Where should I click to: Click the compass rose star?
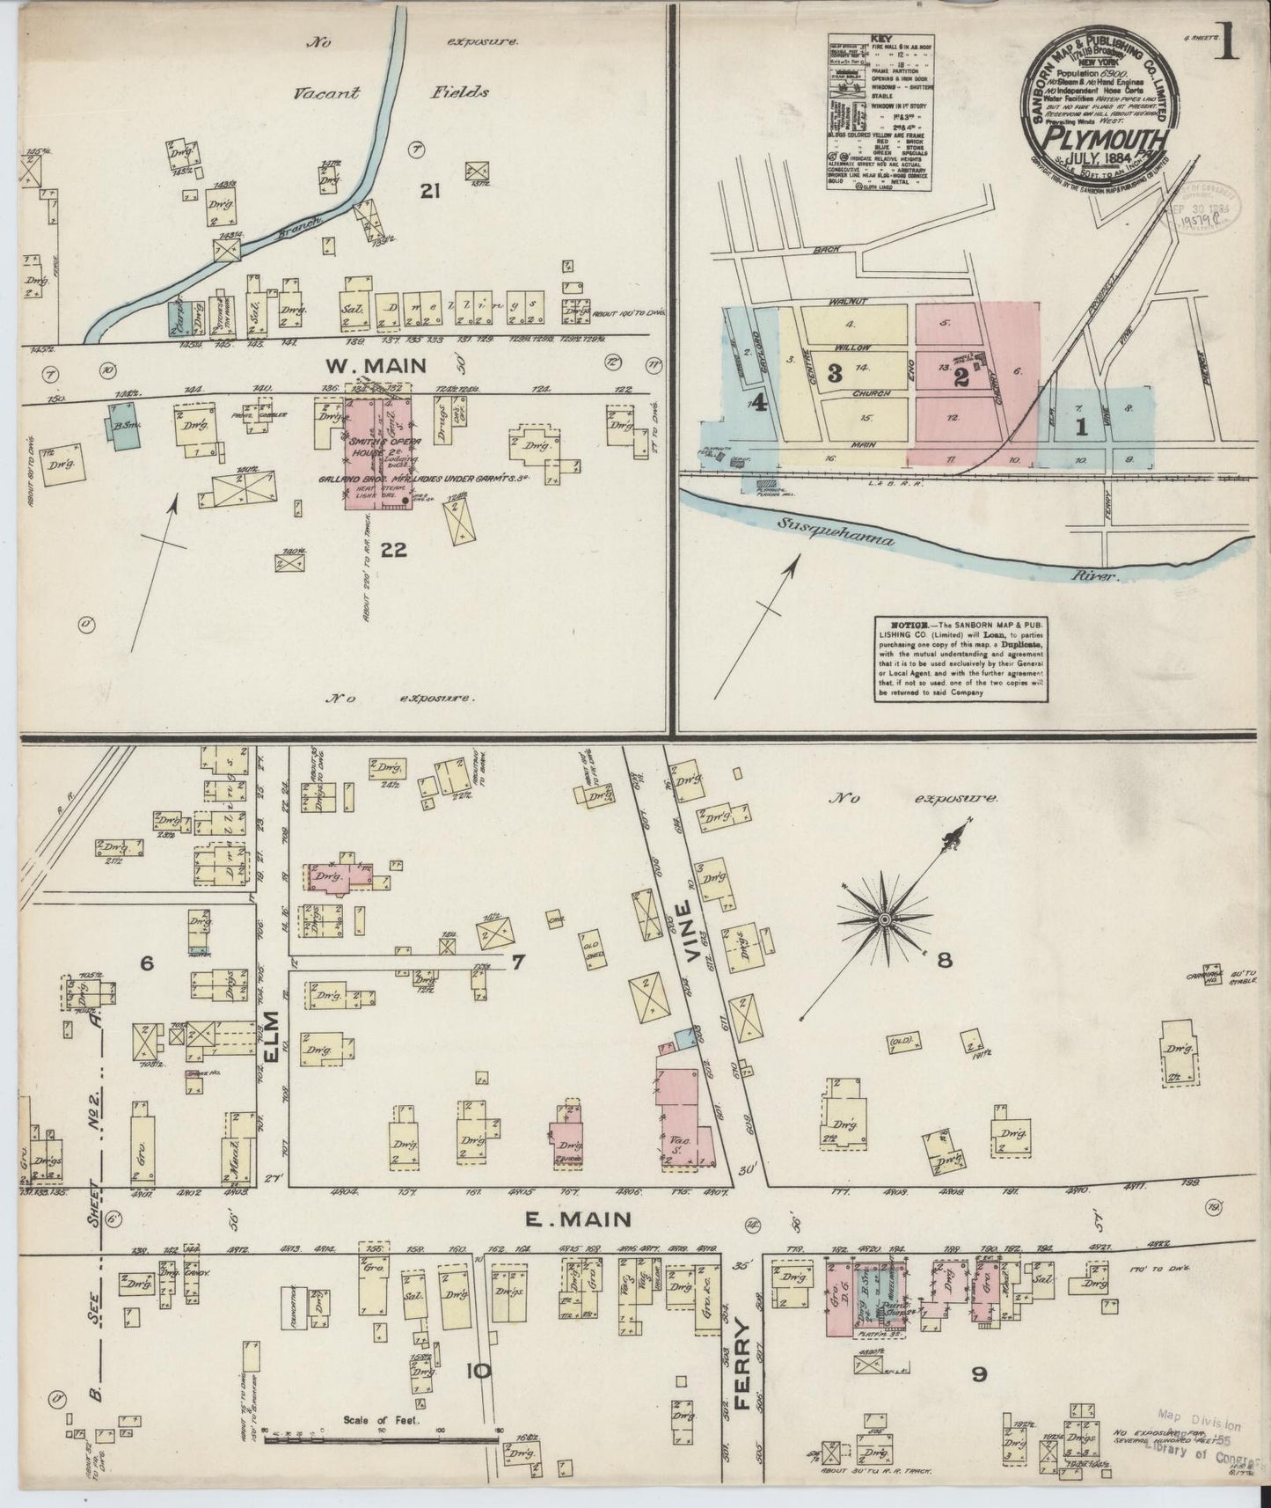click(x=884, y=920)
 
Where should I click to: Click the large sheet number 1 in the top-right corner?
click(x=1228, y=40)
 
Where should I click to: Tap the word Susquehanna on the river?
click(x=836, y=531)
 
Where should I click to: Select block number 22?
click(x=393, y=551)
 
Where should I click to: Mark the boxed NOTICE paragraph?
click(x=962, y=658)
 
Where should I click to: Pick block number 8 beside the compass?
click(x=945, y=960)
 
